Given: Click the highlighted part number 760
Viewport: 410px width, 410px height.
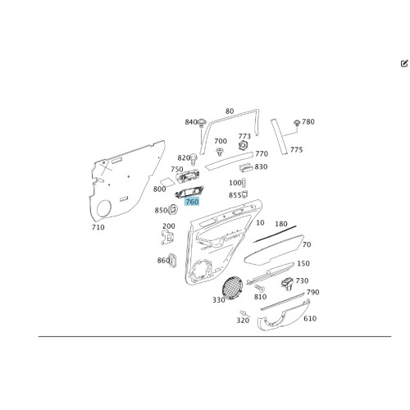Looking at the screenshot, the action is coord(192,202).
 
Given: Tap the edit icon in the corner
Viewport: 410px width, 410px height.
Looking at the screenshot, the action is coord(404,64).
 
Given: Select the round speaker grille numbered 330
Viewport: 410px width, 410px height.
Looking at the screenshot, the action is coord(232,288).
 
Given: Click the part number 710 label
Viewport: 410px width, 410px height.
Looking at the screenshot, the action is coord(98,227).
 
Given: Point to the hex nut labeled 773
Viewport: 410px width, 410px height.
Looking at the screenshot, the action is coord(243,145).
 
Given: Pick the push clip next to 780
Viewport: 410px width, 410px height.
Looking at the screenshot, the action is coord(297,122).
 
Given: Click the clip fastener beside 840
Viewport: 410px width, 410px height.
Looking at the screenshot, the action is coord(202,123).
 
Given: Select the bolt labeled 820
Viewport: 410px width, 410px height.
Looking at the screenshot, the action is coord(194,159).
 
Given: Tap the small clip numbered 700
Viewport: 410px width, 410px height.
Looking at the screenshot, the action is coord(219,151).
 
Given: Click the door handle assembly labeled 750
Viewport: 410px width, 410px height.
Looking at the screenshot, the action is coord(187,176).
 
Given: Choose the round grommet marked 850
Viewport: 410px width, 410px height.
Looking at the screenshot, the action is coord(173,210).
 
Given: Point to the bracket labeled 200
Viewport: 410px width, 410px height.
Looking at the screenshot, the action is coord(167,237).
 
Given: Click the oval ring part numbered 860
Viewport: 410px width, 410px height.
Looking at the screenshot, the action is coord(172,260).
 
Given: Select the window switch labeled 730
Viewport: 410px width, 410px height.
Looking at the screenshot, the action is coord(288,283).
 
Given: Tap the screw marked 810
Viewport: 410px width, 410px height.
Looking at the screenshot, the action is coord(259,288).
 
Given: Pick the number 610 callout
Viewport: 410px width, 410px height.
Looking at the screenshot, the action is coord(310,318).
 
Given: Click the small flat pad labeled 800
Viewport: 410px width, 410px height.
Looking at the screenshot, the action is coord(167,182).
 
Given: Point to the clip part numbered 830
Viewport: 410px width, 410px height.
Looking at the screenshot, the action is coord(245,167).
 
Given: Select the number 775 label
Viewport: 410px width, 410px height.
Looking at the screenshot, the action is coord(296,150).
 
